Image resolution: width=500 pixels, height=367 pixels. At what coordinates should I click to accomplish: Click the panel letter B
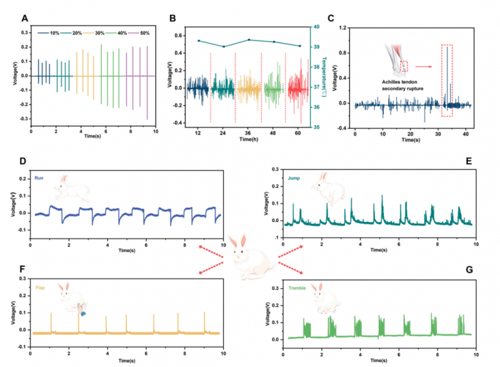tap(172, 18)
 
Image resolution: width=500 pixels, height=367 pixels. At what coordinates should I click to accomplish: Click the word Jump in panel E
tap(293, 178)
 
